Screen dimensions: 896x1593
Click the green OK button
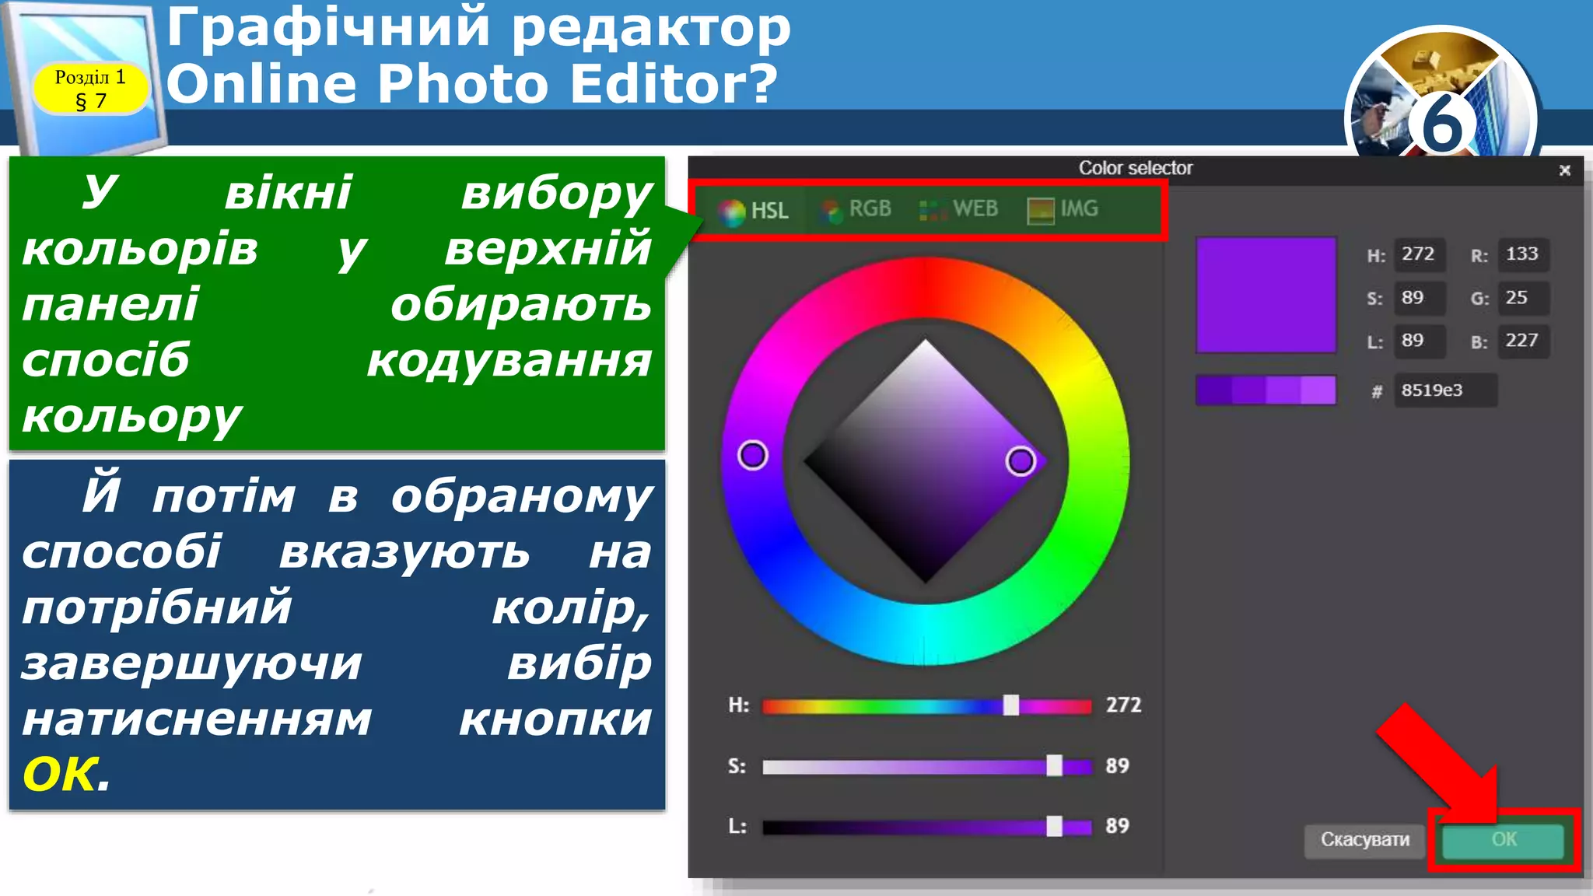1503,840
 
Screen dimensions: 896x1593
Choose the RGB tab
856,209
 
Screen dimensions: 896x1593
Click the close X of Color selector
1565,170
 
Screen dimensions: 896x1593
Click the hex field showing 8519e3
1444,390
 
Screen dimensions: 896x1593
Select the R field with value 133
1522,254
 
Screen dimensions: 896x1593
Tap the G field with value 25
1522,298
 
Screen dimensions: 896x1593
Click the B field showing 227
1522,341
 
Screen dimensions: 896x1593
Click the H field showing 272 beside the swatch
1419,254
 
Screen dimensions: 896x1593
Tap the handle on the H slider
1010,705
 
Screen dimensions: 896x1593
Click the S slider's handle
1054,765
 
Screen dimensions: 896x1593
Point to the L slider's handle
1054,826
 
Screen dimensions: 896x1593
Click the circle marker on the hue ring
752,455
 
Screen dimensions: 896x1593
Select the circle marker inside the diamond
1021,461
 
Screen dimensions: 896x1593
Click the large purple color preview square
1266,296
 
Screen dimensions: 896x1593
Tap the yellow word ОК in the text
61,775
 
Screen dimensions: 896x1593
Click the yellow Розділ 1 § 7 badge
90,89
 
